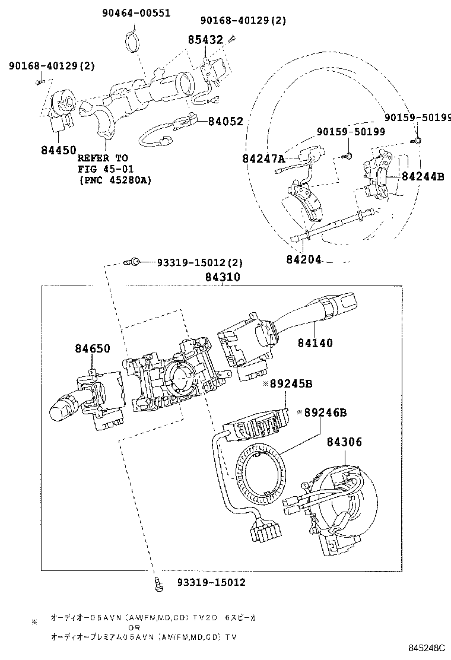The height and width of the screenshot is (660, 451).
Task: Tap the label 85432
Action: pyautogui.click(x=205, y=40)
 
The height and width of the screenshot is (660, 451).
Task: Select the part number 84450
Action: pyautogui.click(x=59, y=150)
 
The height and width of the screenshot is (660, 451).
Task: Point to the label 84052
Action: pyautogui.click(x=225, y=121)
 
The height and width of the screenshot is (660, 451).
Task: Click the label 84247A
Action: pyautogui.click(x=263, y=158)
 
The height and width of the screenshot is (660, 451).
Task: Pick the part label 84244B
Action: pyautogui.click(x=423, y=176)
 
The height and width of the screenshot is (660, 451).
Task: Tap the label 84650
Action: pyautogui.click(x=92, y=348)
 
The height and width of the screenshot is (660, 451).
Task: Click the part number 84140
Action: pyautogui.click(x=315, y=343)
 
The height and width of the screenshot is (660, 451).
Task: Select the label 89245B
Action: pyautogui.click(x=291, y=384)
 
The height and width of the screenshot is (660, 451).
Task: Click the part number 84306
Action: pyautogui.click(x=344, y=442)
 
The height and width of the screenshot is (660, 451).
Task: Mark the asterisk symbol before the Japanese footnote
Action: pyautogui.click(x=34, y=621)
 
